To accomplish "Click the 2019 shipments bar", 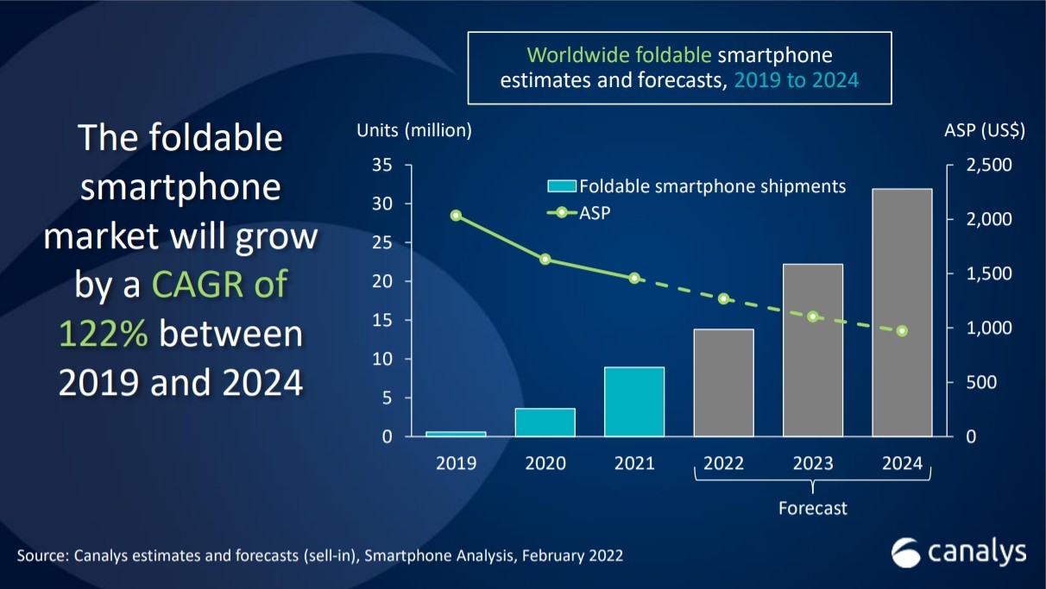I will pyautogui.click(x=456, y=433).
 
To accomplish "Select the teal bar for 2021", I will pyautogui.click(x=634, y=402).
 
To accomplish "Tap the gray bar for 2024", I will pyautogui.click(x=902, y=312).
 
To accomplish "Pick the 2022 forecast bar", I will pyautogui.click(x=723, y=383).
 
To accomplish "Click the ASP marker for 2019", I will pyautogui.click(x=456, y=216).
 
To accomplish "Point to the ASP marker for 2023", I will pyautogui.click(x=813, y=316).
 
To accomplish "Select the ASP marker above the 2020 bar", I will pyautogui.click(x=545, y=259).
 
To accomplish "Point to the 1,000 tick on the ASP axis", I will pyautogui.click(x=982, y=329).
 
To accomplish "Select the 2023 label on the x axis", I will pyautogui.click(x=813, y=463).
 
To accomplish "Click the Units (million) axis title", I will pyautogui.click(x=414, y=131).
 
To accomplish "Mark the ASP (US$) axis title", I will pyautogui.click(x=985, y=131).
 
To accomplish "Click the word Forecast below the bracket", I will pyautogui.click(x=813, y=508).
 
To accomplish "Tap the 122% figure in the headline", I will pyautogui.click(x=104, y=335).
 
